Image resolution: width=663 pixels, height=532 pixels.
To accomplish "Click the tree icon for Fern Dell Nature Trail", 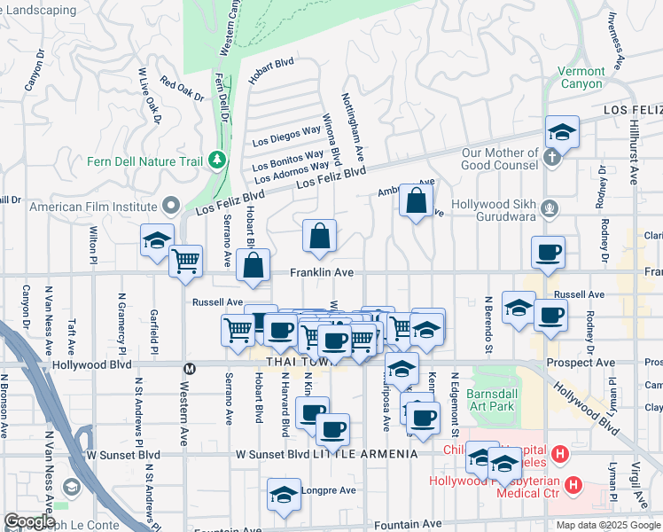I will [x=216, y=160].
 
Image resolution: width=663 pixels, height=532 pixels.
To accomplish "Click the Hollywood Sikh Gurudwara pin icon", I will [x=550, y=208].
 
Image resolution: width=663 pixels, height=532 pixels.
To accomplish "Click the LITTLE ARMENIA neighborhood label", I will [x=365, y=454].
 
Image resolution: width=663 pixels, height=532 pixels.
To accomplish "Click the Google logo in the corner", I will [x=28, y=520].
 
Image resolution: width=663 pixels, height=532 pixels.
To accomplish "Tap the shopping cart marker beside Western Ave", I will [x=185, y=261].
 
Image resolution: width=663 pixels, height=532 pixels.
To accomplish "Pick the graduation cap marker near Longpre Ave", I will [x=284, y=495].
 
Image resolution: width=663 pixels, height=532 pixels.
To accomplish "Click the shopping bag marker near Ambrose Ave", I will [x=416, y=201].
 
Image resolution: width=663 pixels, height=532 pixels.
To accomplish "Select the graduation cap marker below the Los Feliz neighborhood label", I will [x=562, y=133].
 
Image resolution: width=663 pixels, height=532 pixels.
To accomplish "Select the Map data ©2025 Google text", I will [x=607, y=525].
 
